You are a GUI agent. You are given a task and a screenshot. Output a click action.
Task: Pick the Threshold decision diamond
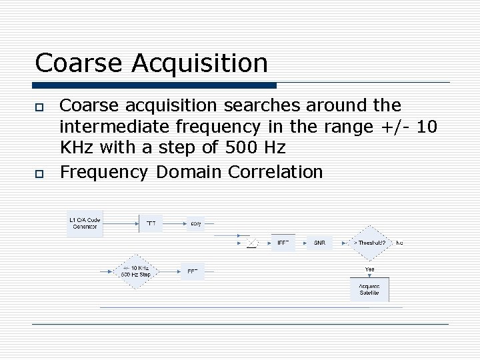coord(369,243)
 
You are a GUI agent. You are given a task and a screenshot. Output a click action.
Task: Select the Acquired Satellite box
coord(369,289)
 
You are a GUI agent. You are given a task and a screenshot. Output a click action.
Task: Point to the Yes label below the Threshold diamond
coord(369,269)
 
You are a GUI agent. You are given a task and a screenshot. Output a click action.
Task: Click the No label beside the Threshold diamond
coord(399,243)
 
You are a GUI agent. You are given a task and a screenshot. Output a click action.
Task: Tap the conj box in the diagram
coord(195,223)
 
